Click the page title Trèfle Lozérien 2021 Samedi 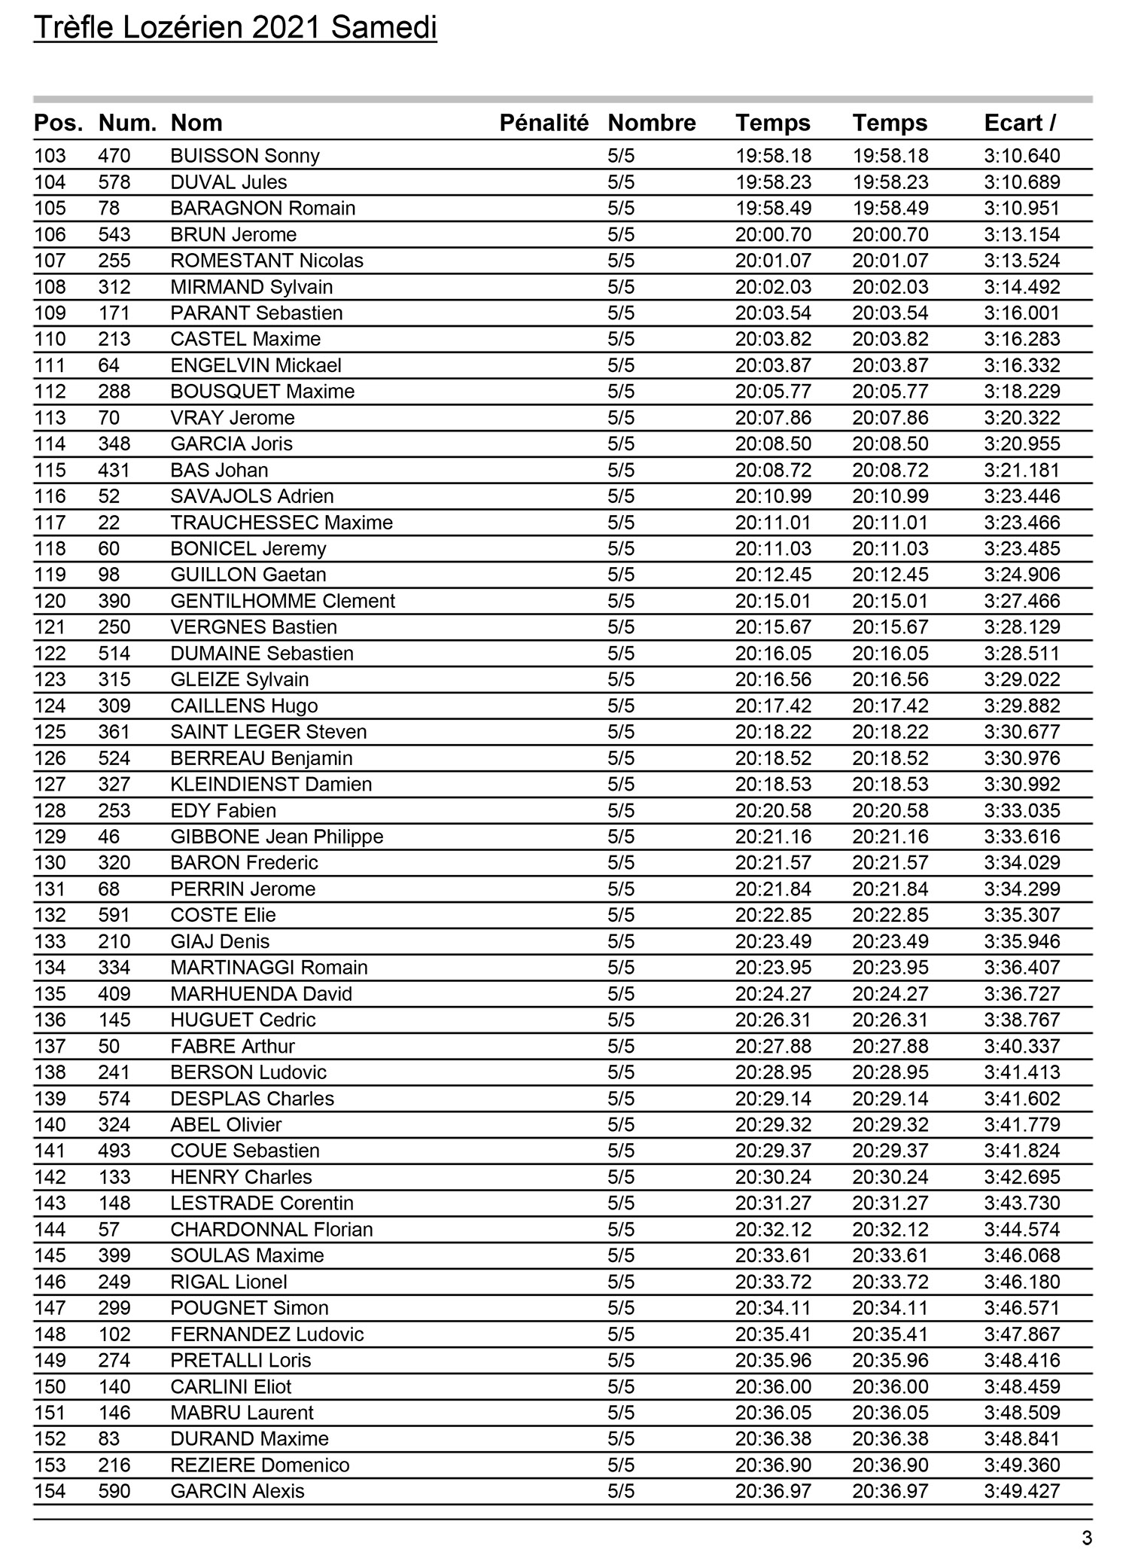[x=235, y=29]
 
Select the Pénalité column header [x=543, y=123]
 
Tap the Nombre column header [x=651, y=123]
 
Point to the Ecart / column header [x=1019, y=123]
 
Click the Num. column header [x=127, y=123]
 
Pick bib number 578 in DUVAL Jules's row [x=114, y=182]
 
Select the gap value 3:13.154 [x=1021, y=234]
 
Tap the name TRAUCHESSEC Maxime [x=281, y=523]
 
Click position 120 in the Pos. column [x=50, y=601]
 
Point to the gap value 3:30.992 [x=1021, y=784]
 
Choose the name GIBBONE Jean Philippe [x=276, y=837]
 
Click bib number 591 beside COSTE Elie [x=114, y=915]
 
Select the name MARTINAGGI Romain [x=269, y=968]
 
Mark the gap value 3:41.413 [x=1021, y=1072]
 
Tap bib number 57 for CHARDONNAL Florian [x=109, y=1230]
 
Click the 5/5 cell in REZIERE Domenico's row [x=621, y=1465]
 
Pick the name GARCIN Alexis [x=237, y=1491]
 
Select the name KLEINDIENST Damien [x=271, y=784]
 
